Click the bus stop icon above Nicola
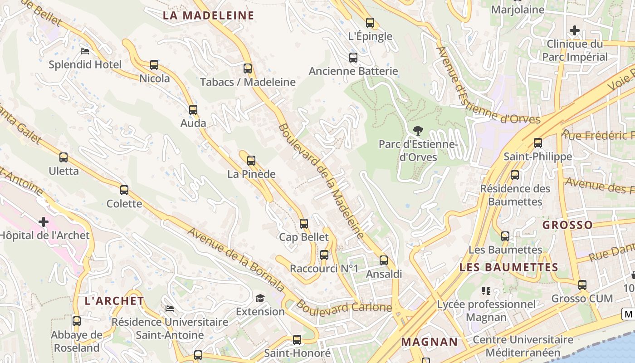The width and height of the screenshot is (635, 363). click(x=154, y=65)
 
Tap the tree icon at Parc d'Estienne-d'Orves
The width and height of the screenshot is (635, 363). click(x=418, y=131)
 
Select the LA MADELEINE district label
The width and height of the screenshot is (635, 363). click(x=208, y=15)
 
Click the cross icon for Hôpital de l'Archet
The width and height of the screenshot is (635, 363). click(x=44, y=222)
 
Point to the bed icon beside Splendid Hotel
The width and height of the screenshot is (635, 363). click(x=85, y=51)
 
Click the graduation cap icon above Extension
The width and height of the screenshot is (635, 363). click(x=260, y=298)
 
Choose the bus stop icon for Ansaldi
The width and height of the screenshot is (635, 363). click(x=384, y=260)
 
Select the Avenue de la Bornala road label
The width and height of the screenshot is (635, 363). click(x=236, y=260)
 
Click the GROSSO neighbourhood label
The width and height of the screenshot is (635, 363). click(x=567, y=225)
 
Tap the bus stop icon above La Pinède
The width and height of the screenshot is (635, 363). click(x=251, y=160)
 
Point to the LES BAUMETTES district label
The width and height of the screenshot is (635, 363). click(x=508, y=267)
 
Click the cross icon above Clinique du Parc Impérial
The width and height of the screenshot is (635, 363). click(x=575, y=30)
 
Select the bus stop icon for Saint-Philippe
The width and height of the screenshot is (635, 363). click(x=538, y=143)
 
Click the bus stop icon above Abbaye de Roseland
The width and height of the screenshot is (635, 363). click(x=77, y=321)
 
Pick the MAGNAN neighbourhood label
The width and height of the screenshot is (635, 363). click(x=430, y=342)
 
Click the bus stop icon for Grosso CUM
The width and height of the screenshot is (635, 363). click(x=582, y=285)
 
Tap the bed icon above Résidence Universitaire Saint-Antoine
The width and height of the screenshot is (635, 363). click(x=170, y=309)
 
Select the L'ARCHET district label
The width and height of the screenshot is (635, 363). click(x=114, y=301)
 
